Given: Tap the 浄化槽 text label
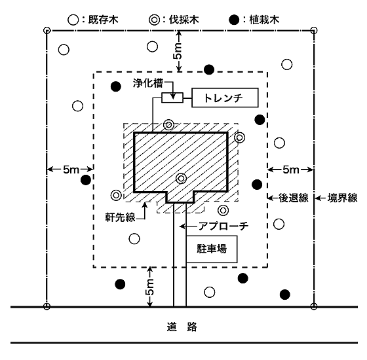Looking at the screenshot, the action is pos(148,83).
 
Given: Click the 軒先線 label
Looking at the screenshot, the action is pos(120,217).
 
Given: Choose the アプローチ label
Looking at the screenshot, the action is pos(223,226).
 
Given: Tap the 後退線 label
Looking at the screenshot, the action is pos(293,198).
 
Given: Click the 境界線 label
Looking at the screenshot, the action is pos(342,198).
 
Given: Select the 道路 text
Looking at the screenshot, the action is pos(182,327).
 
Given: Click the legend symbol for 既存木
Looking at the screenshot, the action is pos(73,20).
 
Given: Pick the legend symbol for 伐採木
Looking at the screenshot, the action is pos(154,20).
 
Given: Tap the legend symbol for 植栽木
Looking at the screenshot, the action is pos(234,20).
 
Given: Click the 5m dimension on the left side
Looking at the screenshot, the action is pos(71,170).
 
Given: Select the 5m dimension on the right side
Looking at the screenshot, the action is pos(291,170).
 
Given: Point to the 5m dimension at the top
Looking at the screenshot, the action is pos(178,51).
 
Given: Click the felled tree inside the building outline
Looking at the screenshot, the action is pos(181,179).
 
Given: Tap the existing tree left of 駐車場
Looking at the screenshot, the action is pos(134,239).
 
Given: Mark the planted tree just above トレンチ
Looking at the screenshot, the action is pos(209,69).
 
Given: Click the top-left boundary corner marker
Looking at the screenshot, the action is pos(47,30).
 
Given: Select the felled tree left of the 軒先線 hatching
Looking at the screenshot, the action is pos(116,195).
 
